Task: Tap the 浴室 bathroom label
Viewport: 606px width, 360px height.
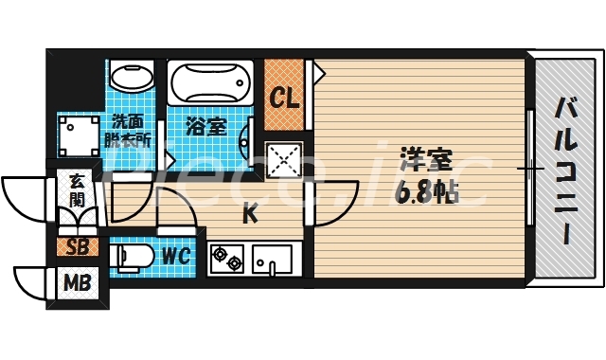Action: [205, 125]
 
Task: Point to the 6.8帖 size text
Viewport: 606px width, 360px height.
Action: [425, 191]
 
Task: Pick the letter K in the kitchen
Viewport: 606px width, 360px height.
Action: [250, 215]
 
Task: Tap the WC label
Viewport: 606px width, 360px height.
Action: [174, 255]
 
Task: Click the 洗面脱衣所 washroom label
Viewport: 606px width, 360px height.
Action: [130, 130]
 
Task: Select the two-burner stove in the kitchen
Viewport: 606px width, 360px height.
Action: [228, 256]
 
